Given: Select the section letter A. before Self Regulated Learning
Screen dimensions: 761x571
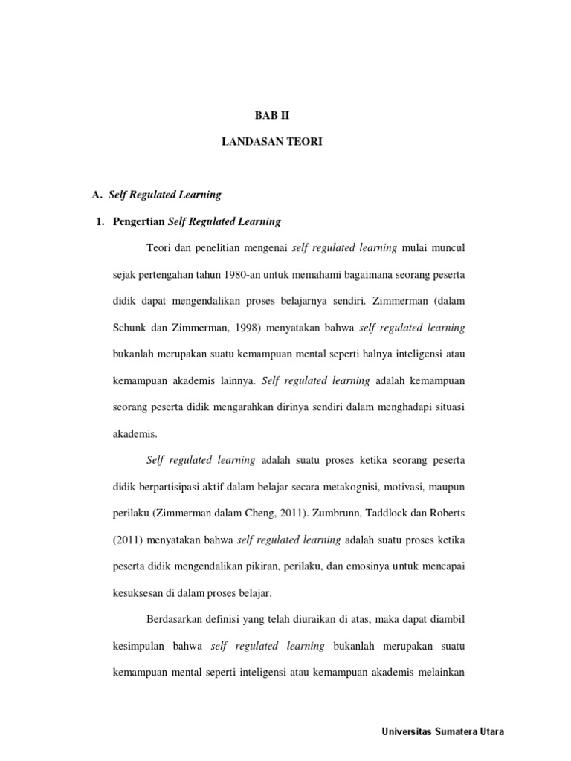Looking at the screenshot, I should coord(96,195).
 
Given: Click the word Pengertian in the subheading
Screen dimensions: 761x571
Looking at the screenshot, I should coord(138,221).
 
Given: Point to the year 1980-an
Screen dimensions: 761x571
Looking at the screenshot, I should coord(242,275).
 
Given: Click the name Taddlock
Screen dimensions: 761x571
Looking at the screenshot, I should coord(408,514).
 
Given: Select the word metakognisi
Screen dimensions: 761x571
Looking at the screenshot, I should coord(324,487).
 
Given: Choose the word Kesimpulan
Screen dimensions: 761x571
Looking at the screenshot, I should coord(143,647).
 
